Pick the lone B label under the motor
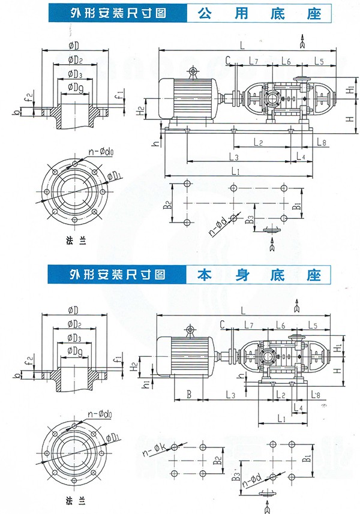click(x=188, y=395)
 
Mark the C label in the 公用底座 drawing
click(x=228, y=59)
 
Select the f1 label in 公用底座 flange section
click(x=121, y=94)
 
